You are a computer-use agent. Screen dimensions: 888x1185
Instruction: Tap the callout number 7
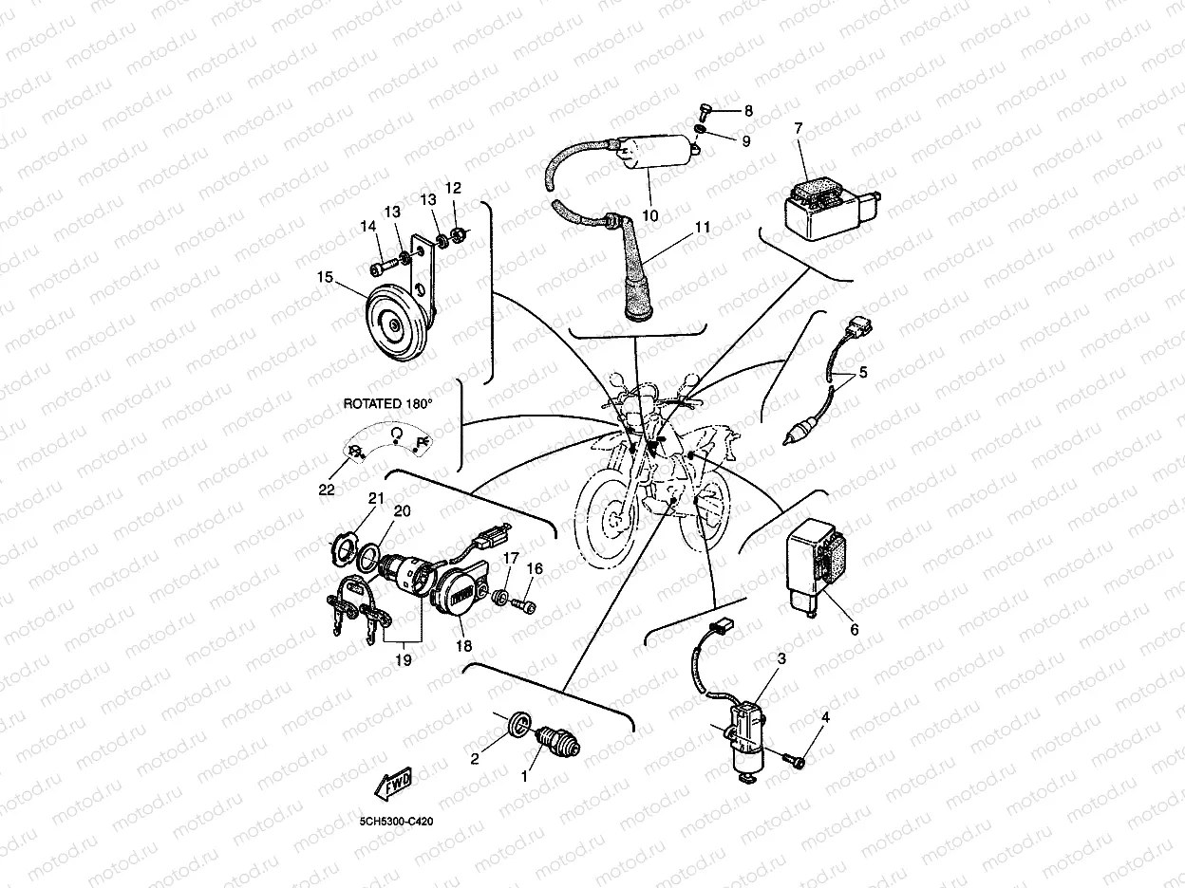click(x=798, y=129)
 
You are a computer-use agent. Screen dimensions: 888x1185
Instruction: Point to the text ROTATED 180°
click(x=386, y=403)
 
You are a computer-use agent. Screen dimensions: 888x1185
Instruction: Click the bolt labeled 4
click(x=796, y=759)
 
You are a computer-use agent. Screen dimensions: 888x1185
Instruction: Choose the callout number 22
click(x=327, y=489)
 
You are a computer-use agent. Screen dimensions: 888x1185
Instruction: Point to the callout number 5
click(x=862, y=373)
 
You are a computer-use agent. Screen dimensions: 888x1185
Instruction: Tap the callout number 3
click(x=781, y=658)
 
